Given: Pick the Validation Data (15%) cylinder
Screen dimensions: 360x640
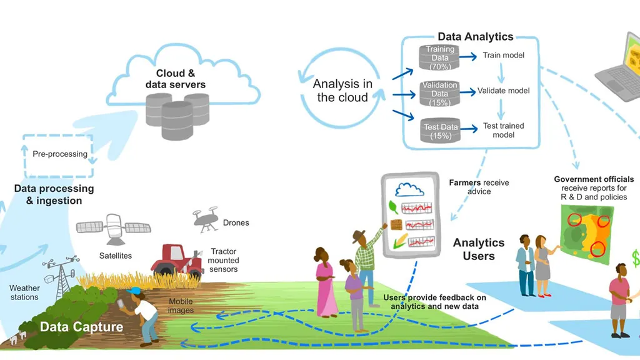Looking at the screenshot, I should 440,93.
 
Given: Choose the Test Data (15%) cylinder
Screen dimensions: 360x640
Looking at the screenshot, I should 441,130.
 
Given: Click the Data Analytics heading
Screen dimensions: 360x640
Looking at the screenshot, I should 475,37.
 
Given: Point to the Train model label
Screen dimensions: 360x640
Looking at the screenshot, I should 503,56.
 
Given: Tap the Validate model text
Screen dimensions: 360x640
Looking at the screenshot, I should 503,91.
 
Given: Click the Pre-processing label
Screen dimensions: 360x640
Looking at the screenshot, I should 60,154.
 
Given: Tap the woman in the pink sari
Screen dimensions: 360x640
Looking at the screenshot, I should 326,284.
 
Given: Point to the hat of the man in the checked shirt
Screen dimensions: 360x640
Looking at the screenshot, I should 359,236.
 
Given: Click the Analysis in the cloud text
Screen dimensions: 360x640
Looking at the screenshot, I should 342,91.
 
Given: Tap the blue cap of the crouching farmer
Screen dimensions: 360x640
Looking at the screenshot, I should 134,291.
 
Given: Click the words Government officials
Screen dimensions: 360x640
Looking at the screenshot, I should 594,179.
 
